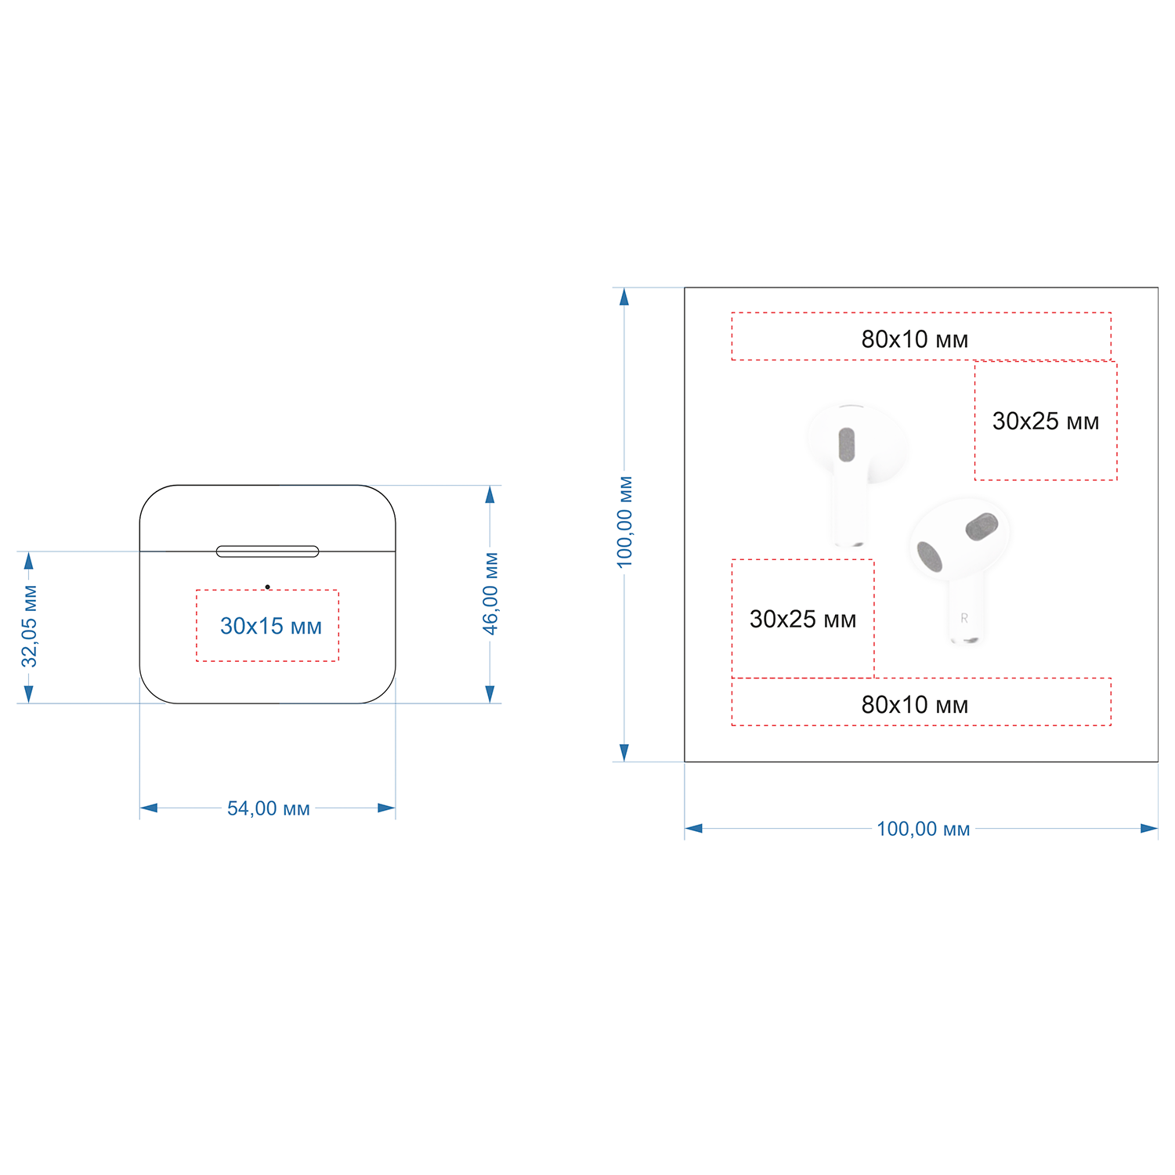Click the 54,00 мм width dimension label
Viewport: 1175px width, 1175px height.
(x=269, y=808)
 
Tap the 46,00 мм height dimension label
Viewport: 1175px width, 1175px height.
(x=490, y=593)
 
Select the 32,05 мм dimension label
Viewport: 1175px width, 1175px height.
(x=29, y=626)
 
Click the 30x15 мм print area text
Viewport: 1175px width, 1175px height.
(x=271, y=626)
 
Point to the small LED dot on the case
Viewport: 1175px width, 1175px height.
(x=267, y=587)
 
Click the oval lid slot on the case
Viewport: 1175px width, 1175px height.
(x=267, y=551)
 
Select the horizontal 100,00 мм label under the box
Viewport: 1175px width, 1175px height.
(x=923, y=829)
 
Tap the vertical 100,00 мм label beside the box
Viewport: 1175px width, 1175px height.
(x=624, y=522)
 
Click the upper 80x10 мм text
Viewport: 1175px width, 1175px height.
(x=915, y=339)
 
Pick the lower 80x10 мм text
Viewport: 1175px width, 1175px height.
(x=915, y=705)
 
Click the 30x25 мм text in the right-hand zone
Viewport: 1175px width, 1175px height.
(x=1046, y=421)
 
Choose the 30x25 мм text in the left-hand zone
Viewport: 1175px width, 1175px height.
(x=803, y=620)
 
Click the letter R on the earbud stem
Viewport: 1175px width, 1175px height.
(x=964, y=618)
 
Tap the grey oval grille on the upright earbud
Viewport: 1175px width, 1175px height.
(x=847, y=444)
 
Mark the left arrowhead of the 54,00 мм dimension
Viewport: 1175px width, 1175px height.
(x=148, y=808)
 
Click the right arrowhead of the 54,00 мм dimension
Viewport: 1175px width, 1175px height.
(x=386, y=808)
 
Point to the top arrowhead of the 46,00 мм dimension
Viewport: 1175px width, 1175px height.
(x=490, y=494)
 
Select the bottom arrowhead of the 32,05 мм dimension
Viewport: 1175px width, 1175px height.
(x=29, y=694)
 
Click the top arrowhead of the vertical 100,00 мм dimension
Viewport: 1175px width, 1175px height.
(x=624, y=296)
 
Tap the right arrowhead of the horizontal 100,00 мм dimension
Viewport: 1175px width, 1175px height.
(x=1149, y=828)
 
